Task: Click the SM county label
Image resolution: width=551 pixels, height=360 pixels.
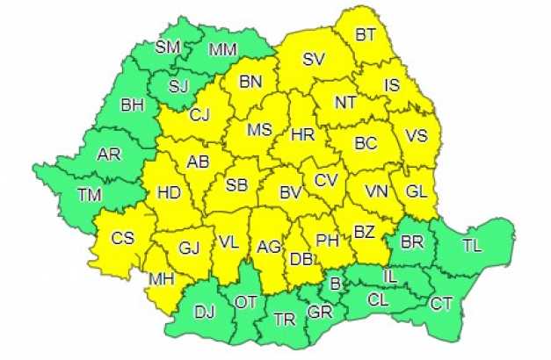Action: pos(166,47)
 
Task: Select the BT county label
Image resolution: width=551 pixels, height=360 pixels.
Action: pos(366,35)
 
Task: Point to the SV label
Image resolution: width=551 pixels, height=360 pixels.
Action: pos(313,60)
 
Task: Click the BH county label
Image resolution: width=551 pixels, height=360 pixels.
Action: pos(133,105)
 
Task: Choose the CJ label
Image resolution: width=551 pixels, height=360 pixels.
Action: pos(200,113)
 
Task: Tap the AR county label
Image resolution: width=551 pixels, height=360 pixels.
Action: pos(109,155)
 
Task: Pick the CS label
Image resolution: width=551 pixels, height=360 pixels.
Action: pos(122,237)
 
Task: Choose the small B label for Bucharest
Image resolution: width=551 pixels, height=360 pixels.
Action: pos(334,283)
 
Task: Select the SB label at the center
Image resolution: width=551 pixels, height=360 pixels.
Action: pos(236,186)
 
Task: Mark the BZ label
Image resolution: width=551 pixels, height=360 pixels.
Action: pos(364,233)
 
